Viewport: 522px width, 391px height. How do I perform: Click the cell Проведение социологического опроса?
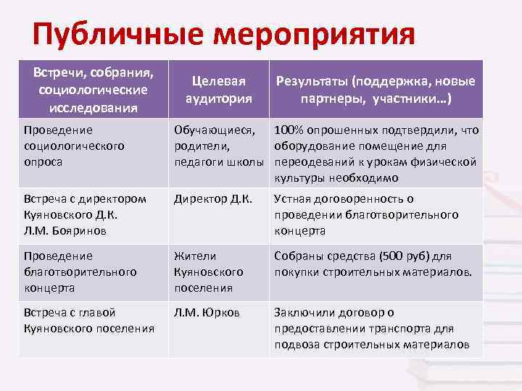74,146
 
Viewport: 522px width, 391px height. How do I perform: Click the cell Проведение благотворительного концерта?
80,272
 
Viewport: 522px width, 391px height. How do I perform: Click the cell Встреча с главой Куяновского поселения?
88,320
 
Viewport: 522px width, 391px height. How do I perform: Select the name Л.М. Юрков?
207,312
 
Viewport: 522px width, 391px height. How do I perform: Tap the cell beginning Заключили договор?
373,328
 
